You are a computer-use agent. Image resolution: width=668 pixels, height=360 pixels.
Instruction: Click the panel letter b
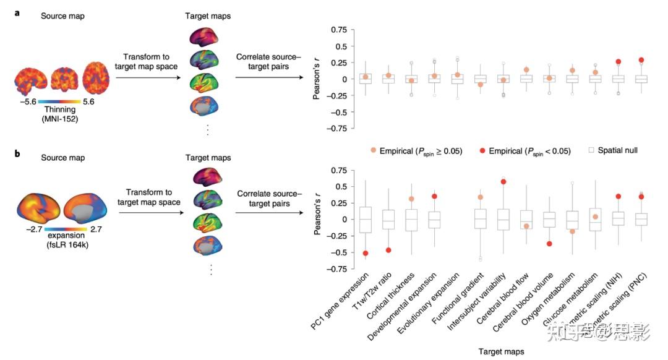coord(17,158)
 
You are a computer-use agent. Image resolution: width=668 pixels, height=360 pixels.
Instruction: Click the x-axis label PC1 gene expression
coord(340,303)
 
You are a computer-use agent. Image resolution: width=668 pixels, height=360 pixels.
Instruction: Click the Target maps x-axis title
coord(502,351)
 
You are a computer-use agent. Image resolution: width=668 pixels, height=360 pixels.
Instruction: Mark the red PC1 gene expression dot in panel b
coord(366,254)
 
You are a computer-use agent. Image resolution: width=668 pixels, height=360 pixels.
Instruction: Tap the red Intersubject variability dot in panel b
coord(503,182)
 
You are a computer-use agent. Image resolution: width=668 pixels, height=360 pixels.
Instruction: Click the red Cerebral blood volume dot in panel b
coord(549,244)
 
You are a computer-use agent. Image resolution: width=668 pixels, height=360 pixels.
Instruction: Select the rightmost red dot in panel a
coord(641,60)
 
